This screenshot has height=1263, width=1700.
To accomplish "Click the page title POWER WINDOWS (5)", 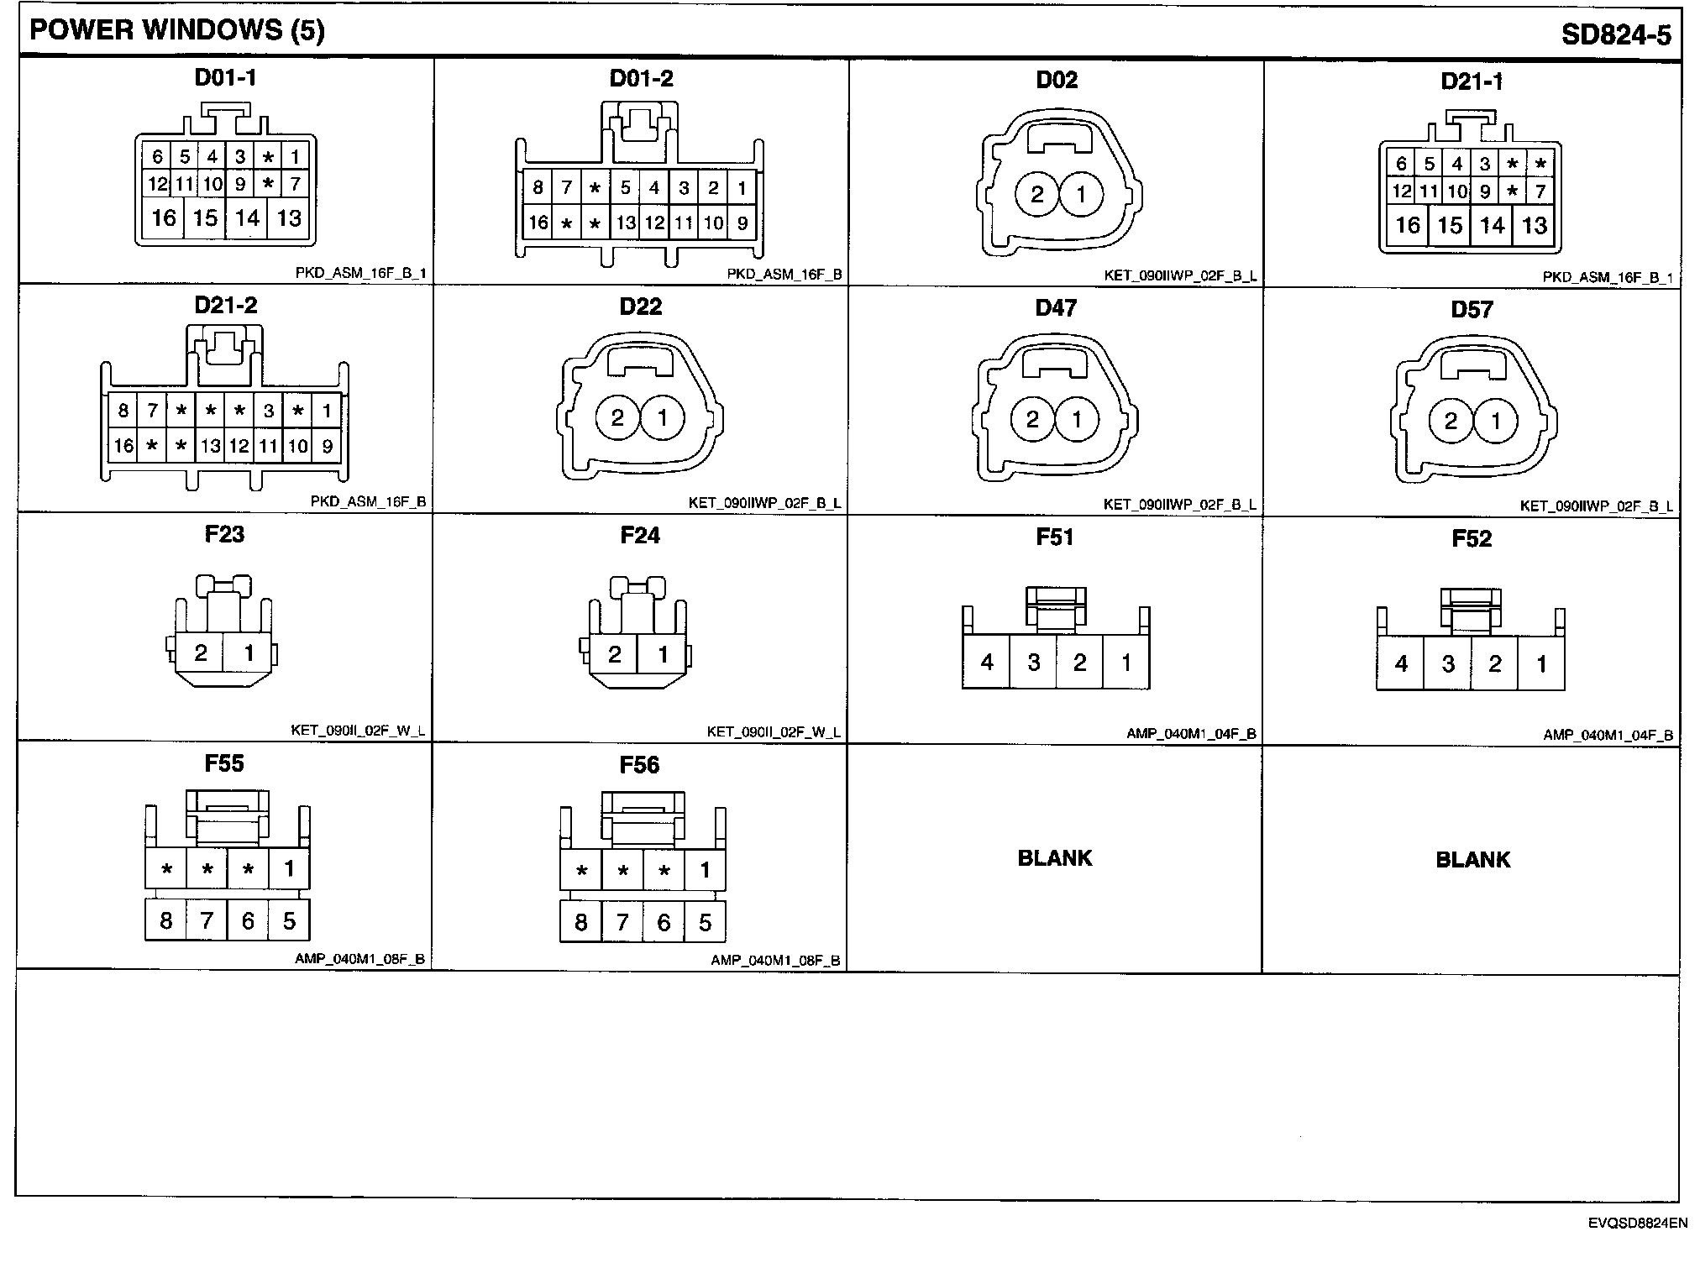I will pos(176,31).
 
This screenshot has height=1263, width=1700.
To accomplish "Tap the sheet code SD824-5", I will pos(1615,34).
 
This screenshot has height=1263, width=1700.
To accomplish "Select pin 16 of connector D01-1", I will pos(164,218).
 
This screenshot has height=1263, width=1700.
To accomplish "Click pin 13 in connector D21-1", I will pos(1535,225).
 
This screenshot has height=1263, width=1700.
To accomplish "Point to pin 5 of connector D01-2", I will pos(625,187).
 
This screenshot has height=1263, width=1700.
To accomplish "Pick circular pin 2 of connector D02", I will pos(1036,195).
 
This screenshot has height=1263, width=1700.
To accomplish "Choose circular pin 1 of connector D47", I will pos(1077,419).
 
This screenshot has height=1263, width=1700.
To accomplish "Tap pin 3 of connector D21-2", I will pos(269,411).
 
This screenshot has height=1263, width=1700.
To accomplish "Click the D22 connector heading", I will pos(640,307).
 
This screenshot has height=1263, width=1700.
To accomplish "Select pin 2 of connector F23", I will pos(201,652).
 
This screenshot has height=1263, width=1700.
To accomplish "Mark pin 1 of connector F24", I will pos(663,654).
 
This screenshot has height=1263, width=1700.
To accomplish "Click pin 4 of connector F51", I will pos(987,663).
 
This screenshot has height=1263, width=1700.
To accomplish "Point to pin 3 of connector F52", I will pos(1448,664).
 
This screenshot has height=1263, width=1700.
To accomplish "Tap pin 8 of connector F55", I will pos(165,921).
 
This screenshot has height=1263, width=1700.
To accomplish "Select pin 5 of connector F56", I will pos(705,923).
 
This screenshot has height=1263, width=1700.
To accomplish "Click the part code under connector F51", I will pos(1191,734).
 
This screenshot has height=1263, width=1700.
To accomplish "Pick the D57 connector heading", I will pos(1472,309).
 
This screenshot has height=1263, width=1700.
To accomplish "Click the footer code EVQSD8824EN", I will pos(1637,1224).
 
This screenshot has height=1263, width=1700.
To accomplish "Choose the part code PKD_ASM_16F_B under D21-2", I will pos(368,502).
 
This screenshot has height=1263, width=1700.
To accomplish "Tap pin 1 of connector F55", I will pos(289,868).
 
